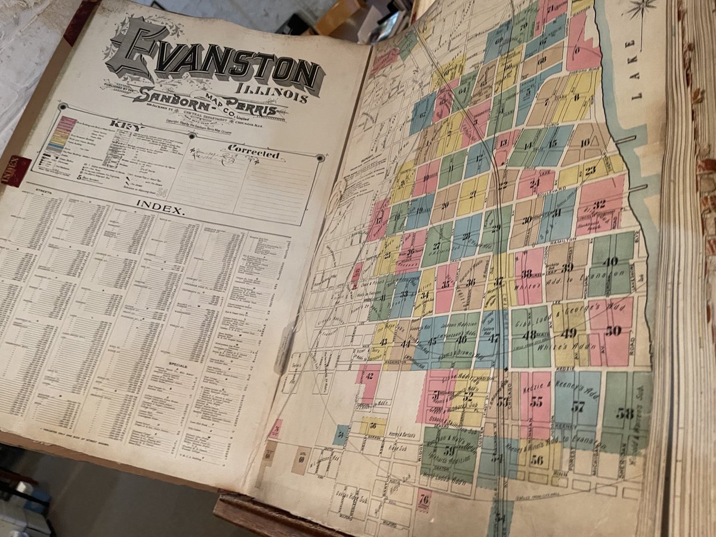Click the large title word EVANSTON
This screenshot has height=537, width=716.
(215, 57)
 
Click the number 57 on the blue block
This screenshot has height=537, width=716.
(577, 408)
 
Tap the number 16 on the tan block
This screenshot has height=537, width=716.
(585, 142)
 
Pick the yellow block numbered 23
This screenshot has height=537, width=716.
(590, 170)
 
